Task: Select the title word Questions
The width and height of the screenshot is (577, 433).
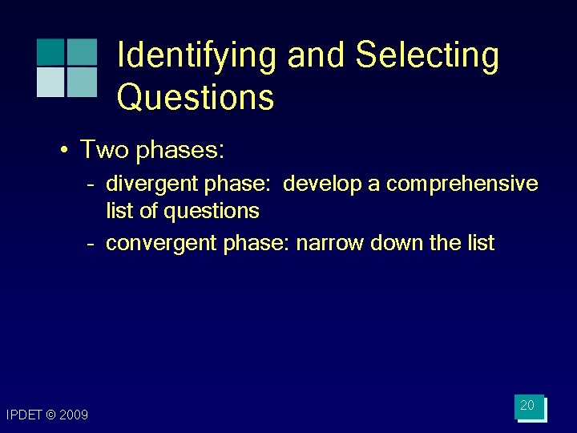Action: pos(196,98)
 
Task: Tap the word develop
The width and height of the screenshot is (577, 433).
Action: pos(322,184)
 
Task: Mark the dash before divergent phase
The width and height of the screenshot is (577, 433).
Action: pos(92,184)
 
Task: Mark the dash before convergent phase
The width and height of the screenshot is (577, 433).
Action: pos(92,244)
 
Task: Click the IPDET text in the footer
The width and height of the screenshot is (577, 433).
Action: pos(22,415)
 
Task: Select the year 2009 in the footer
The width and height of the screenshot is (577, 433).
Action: pos(74,415)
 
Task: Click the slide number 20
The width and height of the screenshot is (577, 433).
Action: pos(527,406)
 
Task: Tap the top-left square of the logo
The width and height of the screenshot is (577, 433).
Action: pos(50,51)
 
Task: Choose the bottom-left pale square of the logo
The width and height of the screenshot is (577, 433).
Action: pos(50,82)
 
